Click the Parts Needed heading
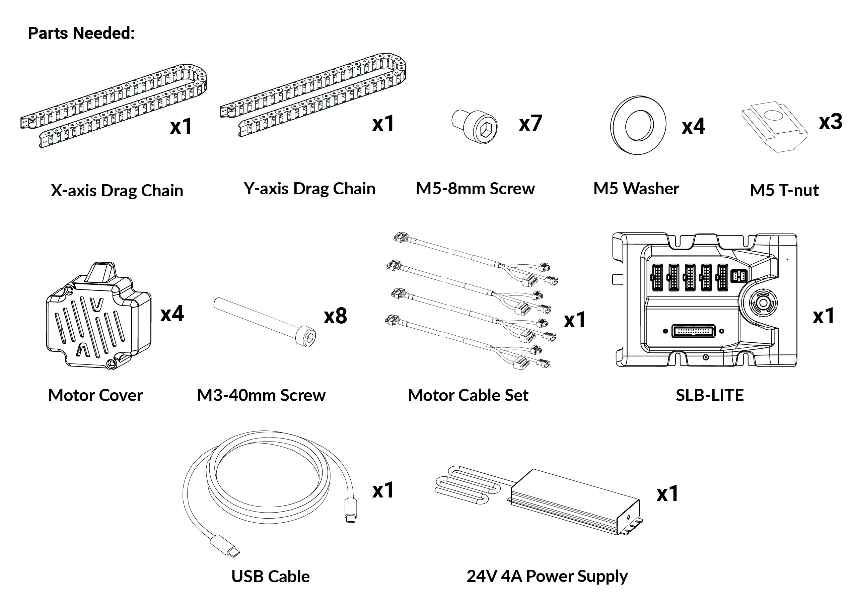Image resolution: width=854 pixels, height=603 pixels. pos(81,33)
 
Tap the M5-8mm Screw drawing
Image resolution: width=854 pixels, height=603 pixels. pos(474,127)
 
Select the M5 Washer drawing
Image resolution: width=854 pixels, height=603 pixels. pos(638,125)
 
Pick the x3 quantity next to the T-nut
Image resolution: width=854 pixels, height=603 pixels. pos(831,122)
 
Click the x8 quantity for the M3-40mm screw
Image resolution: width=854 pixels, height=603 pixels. pos(336,316)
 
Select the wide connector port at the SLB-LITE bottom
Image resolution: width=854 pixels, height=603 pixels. pos(693,331)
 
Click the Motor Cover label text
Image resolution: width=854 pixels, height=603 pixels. pos(95,395)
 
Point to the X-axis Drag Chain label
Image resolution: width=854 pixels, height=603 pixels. pos(117,191)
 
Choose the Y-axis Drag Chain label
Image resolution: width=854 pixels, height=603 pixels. pos(309,189)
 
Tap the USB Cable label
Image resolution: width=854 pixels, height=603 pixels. pos(270,576)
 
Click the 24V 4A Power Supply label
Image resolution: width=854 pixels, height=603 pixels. pos(547,576)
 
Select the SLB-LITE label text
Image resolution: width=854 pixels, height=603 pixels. pos(710,395)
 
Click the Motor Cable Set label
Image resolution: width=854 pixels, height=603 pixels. pos(468,395)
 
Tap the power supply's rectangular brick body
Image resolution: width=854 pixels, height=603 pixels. pos(575,502)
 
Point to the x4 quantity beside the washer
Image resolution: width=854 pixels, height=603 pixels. pos(693,126)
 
